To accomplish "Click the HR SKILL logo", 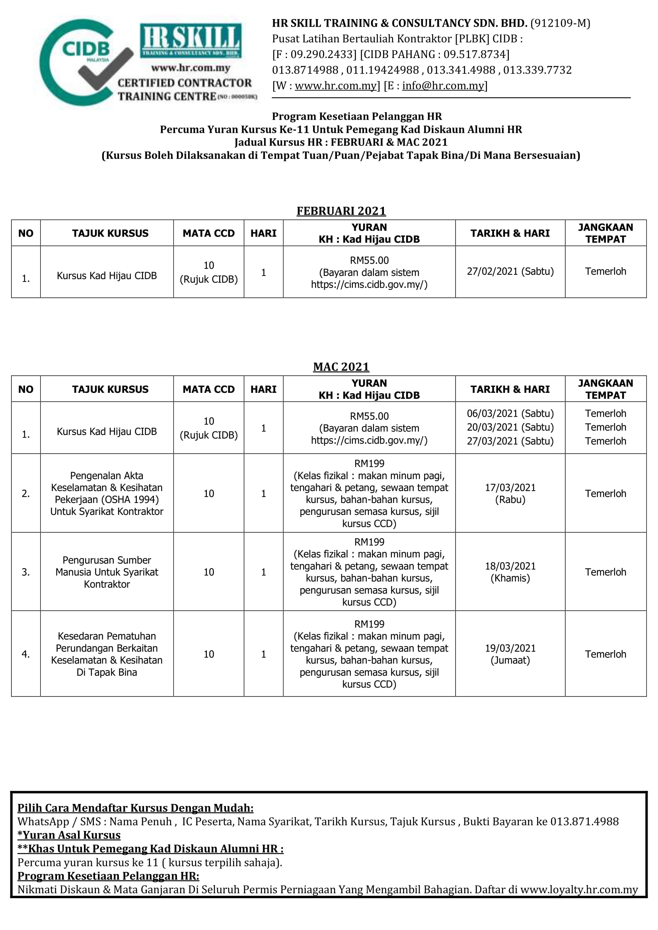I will [x=191, y=41].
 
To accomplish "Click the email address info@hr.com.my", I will [x=443, y=86].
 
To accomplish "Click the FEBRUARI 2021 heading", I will [x=341, y=211].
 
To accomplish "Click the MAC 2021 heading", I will [x=341, y=367].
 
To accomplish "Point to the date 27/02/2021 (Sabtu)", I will [x=510, y=272].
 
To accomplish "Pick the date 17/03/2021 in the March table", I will [x=510, y=487].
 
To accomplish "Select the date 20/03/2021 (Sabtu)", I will [x=510, y=427].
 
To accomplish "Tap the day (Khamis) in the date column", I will [x=510, y=578].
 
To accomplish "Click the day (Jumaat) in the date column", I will [x=510, y=660].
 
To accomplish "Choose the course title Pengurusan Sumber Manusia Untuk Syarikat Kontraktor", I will [x=107, y=572].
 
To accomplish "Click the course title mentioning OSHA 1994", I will [x=107, y=493].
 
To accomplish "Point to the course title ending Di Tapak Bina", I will [x=107, y=654].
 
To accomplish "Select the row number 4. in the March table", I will [x=25, y=654].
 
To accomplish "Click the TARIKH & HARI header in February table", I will [x=510, y=233].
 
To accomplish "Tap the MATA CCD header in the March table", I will [x=209, y=389].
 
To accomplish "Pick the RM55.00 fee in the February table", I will [x=369, y=260].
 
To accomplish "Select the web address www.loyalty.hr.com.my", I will [x=579, y=889].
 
